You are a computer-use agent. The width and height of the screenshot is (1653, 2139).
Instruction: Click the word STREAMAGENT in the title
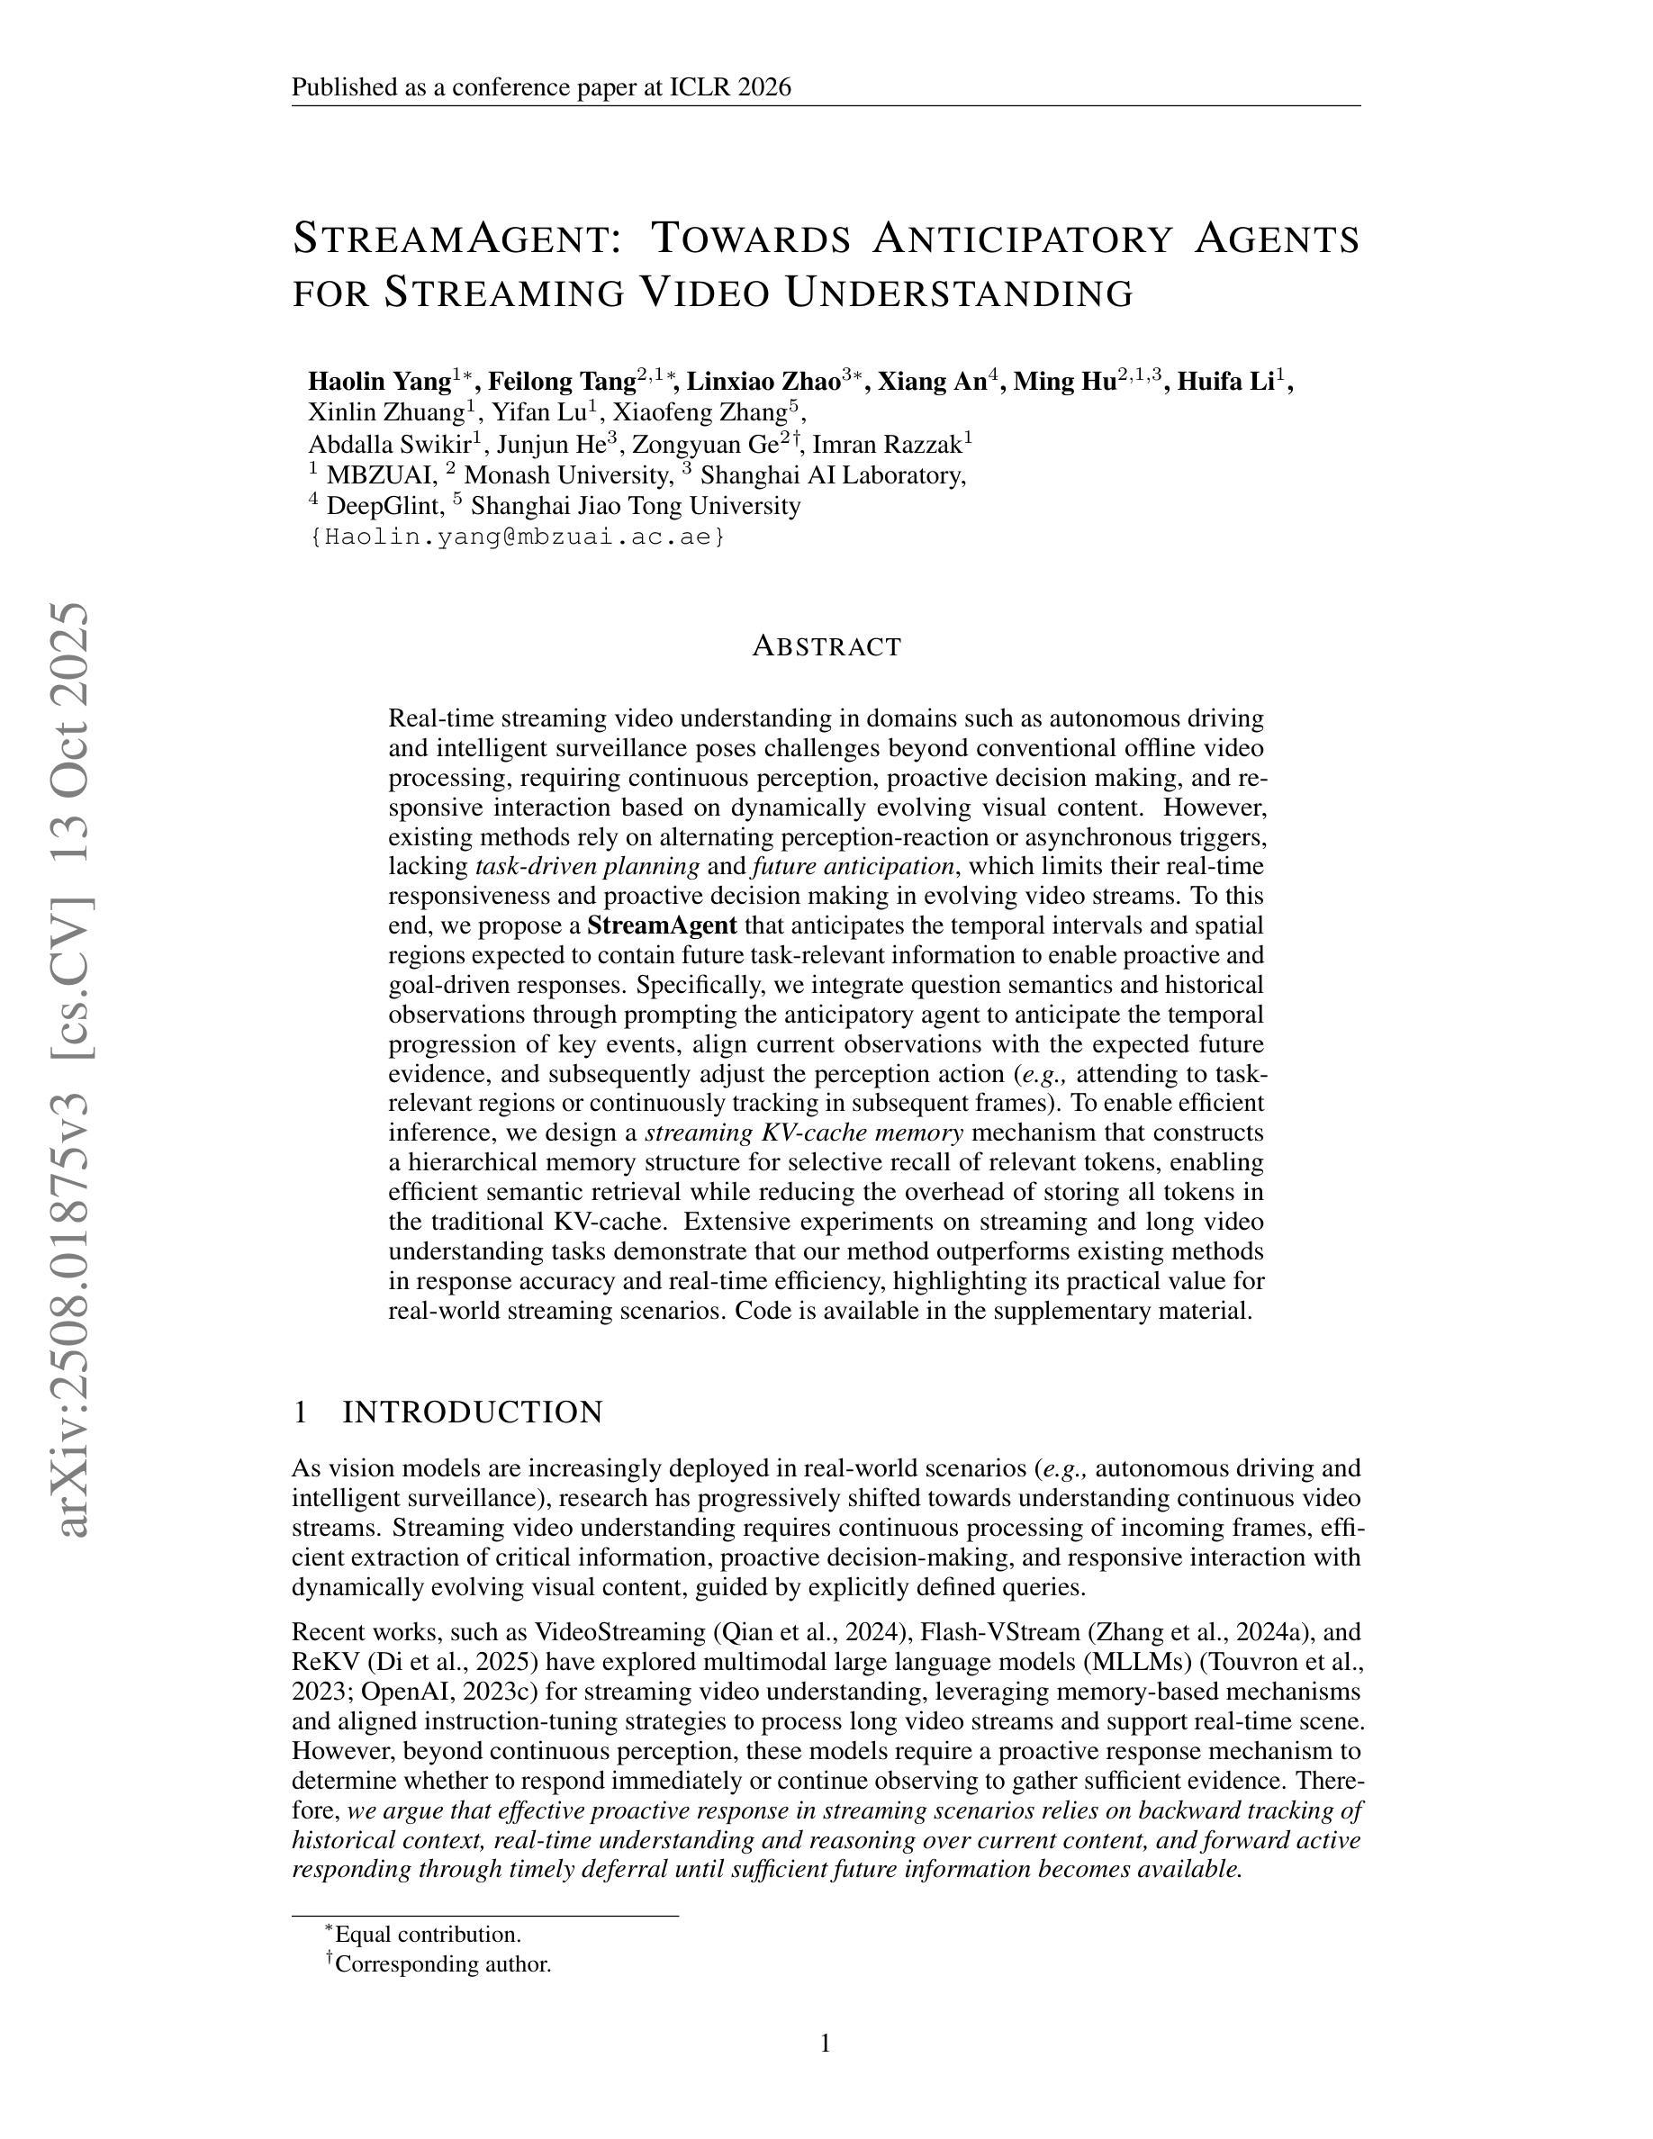coord(456,238)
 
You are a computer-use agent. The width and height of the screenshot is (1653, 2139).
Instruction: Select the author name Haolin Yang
coord(378,381)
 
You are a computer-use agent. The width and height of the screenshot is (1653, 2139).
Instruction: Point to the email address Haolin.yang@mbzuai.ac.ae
coord(518,537)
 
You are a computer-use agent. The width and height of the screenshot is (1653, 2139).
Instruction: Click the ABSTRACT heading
coord(826,646)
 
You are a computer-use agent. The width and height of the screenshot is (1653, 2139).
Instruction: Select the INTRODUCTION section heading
coord(472,1412)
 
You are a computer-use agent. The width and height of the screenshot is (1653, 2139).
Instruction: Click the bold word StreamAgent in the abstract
coord(662,925)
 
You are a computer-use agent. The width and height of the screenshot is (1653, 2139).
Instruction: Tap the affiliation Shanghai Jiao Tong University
coord(636,506)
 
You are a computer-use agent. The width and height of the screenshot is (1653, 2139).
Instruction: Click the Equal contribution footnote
coord(427,1935)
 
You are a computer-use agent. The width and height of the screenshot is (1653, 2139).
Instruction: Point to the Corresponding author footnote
coord(443,1963)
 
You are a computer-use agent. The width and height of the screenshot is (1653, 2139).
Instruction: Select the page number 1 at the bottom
coord(826,2044)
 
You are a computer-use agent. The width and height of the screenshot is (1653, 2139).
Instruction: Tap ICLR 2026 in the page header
coord(729,88)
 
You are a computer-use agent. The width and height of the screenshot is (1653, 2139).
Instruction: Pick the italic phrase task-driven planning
coord(588,867)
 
